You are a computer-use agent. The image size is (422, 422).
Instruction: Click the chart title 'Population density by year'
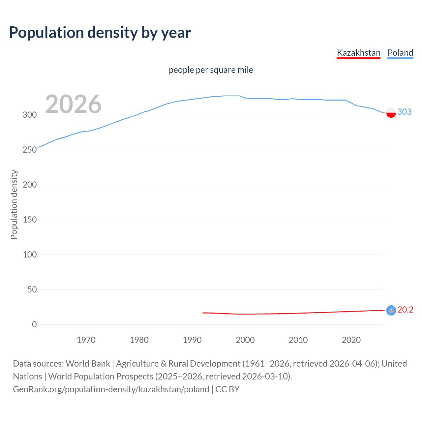tap(100, 33)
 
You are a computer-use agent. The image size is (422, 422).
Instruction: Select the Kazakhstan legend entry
tap(358, 53)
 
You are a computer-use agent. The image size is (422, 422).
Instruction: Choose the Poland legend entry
tap(400, 53)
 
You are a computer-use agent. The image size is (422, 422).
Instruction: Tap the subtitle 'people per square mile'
tap(211, 70)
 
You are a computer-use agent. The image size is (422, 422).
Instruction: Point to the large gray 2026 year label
tap(73, 104)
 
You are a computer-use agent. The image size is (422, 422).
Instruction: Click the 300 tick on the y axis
tap(30, 115)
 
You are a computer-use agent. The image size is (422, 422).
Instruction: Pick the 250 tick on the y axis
tap(30, 150)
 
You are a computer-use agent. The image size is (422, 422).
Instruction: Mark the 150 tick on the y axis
tap(30, 220)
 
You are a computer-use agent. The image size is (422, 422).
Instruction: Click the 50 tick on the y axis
tap(32, 290)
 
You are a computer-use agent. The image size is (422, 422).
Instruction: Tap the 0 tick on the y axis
tap(34, 325)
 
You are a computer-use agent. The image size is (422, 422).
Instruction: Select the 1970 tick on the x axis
tap(86, 340)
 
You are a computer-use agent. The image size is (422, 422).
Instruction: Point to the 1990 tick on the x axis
tap(192, 340)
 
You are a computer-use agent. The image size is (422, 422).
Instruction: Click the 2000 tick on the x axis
tap(245, 340)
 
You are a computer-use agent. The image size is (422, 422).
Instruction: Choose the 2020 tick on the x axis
tap(351, 340)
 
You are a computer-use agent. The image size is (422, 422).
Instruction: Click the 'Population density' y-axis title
tap(14, 204)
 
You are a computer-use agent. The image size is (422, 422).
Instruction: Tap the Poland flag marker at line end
tap(391, 112)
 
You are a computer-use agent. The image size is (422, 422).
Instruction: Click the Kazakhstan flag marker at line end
tap(391, 310)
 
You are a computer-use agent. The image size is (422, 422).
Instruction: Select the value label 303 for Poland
tap(405, 112)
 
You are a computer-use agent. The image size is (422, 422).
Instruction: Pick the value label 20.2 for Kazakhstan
tap(405, 310)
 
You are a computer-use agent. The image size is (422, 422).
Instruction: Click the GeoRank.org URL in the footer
tap(111, 389)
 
